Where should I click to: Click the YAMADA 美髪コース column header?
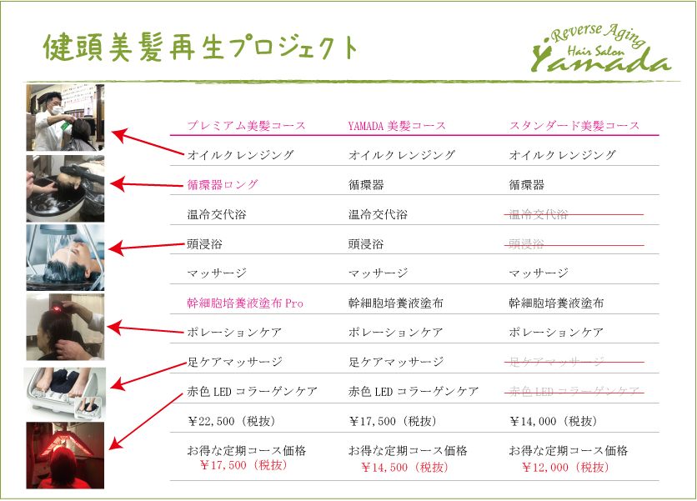pyautogui.click(x=397, y=126)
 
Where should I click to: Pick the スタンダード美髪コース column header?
pyautogui.click(x=574, y=126)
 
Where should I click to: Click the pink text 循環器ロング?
pyautogui.click(x=223, y=184)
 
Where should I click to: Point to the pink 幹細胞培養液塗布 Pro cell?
pyautogui.click(x=245, y=303)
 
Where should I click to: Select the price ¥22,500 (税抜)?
pyautogui.click(x=235, y=421)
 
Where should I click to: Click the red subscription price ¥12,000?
pyautogui.click(x=565, y=467)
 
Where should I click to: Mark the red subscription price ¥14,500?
pyautogui.click(x=404, y=467)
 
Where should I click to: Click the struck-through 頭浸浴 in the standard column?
pyautogui.click(x=527, y=244)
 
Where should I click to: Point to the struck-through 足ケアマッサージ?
pyautogui.click(x=556, y=362)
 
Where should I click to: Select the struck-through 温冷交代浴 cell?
pyautogui.click(x=539, y=214)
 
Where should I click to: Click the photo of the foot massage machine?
pyautogui.click(x=65, y=391)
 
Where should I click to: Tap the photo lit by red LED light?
pyautogui.click(x=65, y=454)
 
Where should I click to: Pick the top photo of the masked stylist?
pyautogui.click(x=65, y=117)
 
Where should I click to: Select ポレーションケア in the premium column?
pyautogui.click(x=234, y=333)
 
